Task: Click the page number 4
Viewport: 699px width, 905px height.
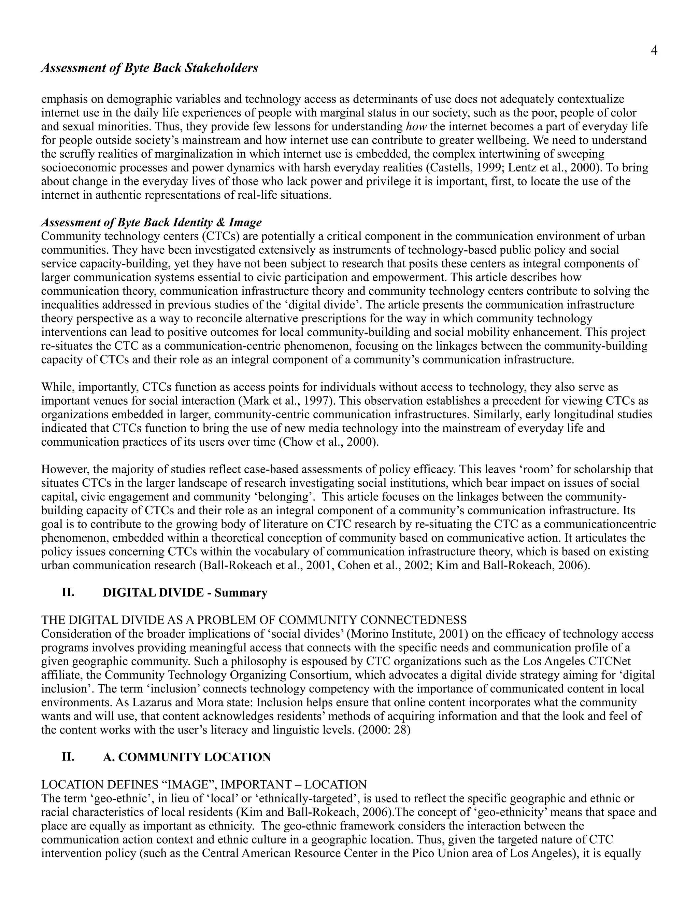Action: click(x=654, y=51)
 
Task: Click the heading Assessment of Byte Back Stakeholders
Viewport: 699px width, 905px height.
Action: click(x=149, y=68)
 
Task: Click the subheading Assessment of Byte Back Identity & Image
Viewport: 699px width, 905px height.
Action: click(x=152, y=223)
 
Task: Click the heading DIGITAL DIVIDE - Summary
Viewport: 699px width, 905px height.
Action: click(x=185, y=593)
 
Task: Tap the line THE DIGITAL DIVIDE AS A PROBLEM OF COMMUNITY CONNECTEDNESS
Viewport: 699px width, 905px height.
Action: click(x=254, y=620)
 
